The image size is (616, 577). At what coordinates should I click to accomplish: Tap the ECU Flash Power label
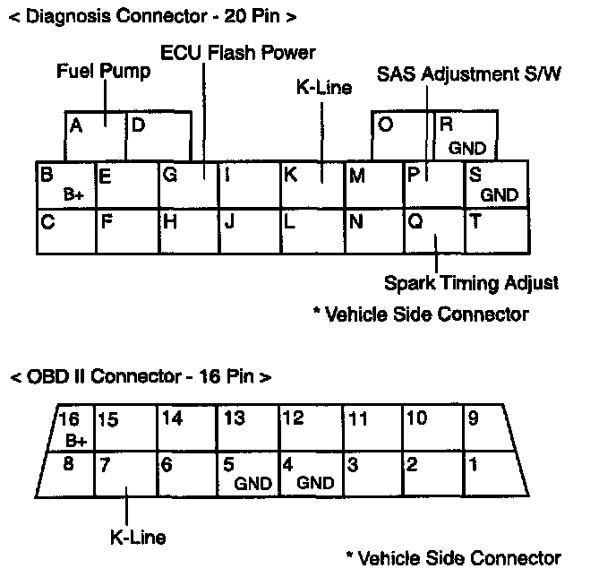click(x=237, y=52)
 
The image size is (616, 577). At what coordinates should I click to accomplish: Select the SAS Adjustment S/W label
click(x=469, y=73)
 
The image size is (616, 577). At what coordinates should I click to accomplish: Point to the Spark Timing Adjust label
click(x=471, y=283)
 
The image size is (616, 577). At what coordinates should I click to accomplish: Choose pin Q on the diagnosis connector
click(x=434, y=231)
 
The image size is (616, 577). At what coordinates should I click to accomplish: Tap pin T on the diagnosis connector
click(x=496, y=231)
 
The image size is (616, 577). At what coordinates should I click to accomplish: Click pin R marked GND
click(x=466, y=136)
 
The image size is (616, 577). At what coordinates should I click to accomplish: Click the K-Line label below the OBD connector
click(x=137, y=537)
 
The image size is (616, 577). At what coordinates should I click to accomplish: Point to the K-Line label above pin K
click(x=323, y=87)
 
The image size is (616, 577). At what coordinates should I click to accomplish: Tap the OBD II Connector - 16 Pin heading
click(x=141, y=376)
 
